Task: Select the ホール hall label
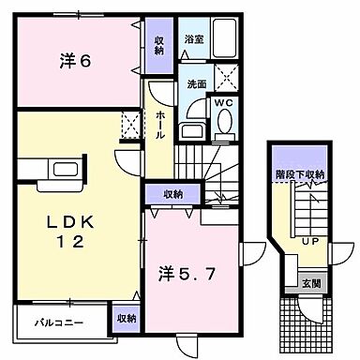pyautogui.click(x=161, y=122)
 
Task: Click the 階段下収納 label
pyautogui.click(x=300, y=174)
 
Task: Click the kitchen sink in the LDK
pyautogui.click(x=66, y=170)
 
